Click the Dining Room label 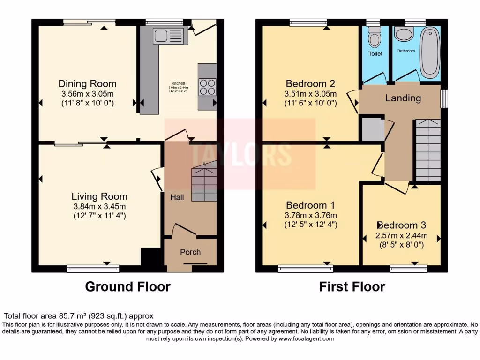(87, 84)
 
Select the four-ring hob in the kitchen (207, 86)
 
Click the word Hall (177, 198)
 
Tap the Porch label (190, 252)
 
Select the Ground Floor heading (127, 286)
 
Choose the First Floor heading (352, 286)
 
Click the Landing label (403, 98)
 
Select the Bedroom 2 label (310, 84)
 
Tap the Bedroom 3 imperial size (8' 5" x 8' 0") (402, 244)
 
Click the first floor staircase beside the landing (428, 150)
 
